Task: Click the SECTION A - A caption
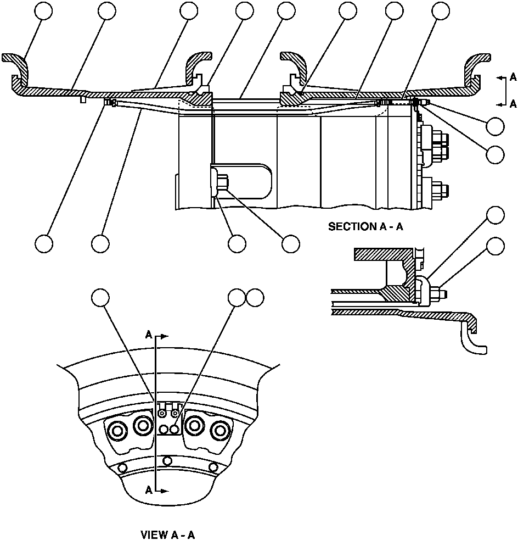point(365,226)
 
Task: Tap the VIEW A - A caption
point(168,534)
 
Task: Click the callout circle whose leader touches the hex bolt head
point(290,243)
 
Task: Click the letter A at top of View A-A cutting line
point(149,333)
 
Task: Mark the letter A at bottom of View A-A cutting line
point(149,491)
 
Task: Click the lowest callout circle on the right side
point(496,247)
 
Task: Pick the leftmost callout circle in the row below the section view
point(43,243)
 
